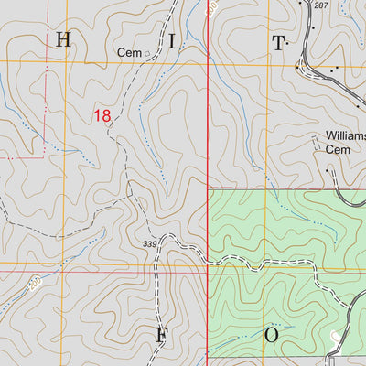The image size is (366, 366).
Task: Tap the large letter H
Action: click(x=63, y=39)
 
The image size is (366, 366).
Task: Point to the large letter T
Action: click(x=276, y=42)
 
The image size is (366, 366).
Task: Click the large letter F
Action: click(x=161, y=335)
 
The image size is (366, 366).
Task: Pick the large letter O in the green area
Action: click(x=271, y=335)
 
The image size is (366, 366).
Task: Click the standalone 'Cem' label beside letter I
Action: click(x=129, y=54)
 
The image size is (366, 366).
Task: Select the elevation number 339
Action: click(x=150, y=243)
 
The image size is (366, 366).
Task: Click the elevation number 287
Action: click(x=320, y=5)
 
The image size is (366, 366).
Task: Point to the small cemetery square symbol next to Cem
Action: click(x=147, y=54)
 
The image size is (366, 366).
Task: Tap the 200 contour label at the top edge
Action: click(x=211, y=7)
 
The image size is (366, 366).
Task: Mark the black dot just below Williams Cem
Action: click(x=327, y=169)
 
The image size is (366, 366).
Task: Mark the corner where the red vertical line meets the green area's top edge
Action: click(x=210, y=190)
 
